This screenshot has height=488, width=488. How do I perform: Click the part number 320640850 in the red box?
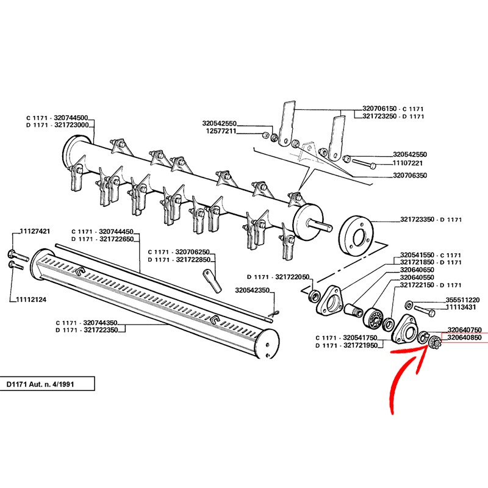click(464, 337)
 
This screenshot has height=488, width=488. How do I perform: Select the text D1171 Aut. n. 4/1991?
click(40, 384)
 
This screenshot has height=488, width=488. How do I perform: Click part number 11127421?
click(35, 231)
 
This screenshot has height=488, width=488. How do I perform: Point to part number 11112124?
click(31, 300)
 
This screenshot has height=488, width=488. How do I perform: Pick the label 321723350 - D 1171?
click(431, 220)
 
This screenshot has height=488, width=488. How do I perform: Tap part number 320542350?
click(252, 290)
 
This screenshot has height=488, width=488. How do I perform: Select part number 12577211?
click(221, 131)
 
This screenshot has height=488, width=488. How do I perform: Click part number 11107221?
click(407, 163)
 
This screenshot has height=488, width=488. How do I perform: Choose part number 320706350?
click(410, 175)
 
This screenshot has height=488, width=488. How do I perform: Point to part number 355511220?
click(463, 300)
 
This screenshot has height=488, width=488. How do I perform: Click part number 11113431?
click(461, 307)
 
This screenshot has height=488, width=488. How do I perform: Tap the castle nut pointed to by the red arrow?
click(433, 343)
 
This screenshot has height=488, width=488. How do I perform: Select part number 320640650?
click(417, 270)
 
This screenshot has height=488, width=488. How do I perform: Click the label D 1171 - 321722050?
click(278, 277)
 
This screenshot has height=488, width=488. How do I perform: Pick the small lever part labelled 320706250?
click(212, 281)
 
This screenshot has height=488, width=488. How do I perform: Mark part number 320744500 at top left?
click(71, 118)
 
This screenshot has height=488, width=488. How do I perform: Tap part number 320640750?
click(464, 329)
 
